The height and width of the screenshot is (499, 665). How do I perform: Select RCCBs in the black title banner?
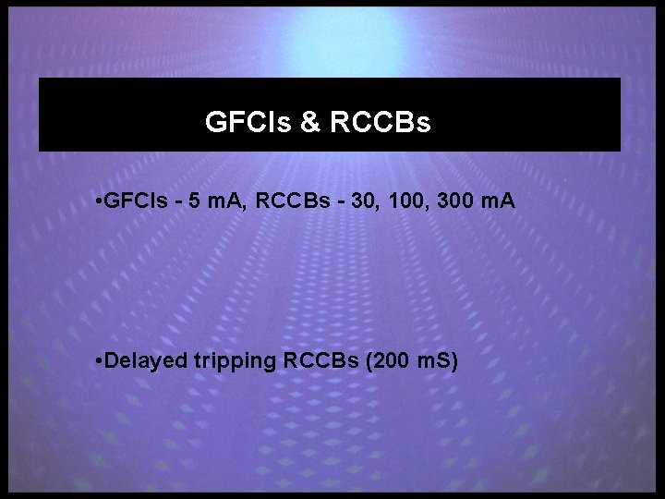coord(379,122)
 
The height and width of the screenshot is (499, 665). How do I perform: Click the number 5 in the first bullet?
coord(192,201)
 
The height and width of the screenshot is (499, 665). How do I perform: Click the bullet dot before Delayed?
coord(99,359)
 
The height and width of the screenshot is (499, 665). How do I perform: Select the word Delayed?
coord(148,359)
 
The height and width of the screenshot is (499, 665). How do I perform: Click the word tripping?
coord(235,359)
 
